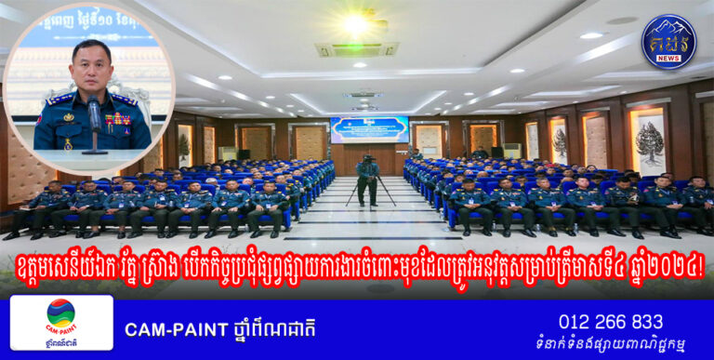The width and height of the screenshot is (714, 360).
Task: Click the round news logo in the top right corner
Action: [668, 41]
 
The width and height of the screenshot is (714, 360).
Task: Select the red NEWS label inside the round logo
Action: [668, 58]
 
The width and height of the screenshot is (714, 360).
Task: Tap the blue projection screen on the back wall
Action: [369, 129]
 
